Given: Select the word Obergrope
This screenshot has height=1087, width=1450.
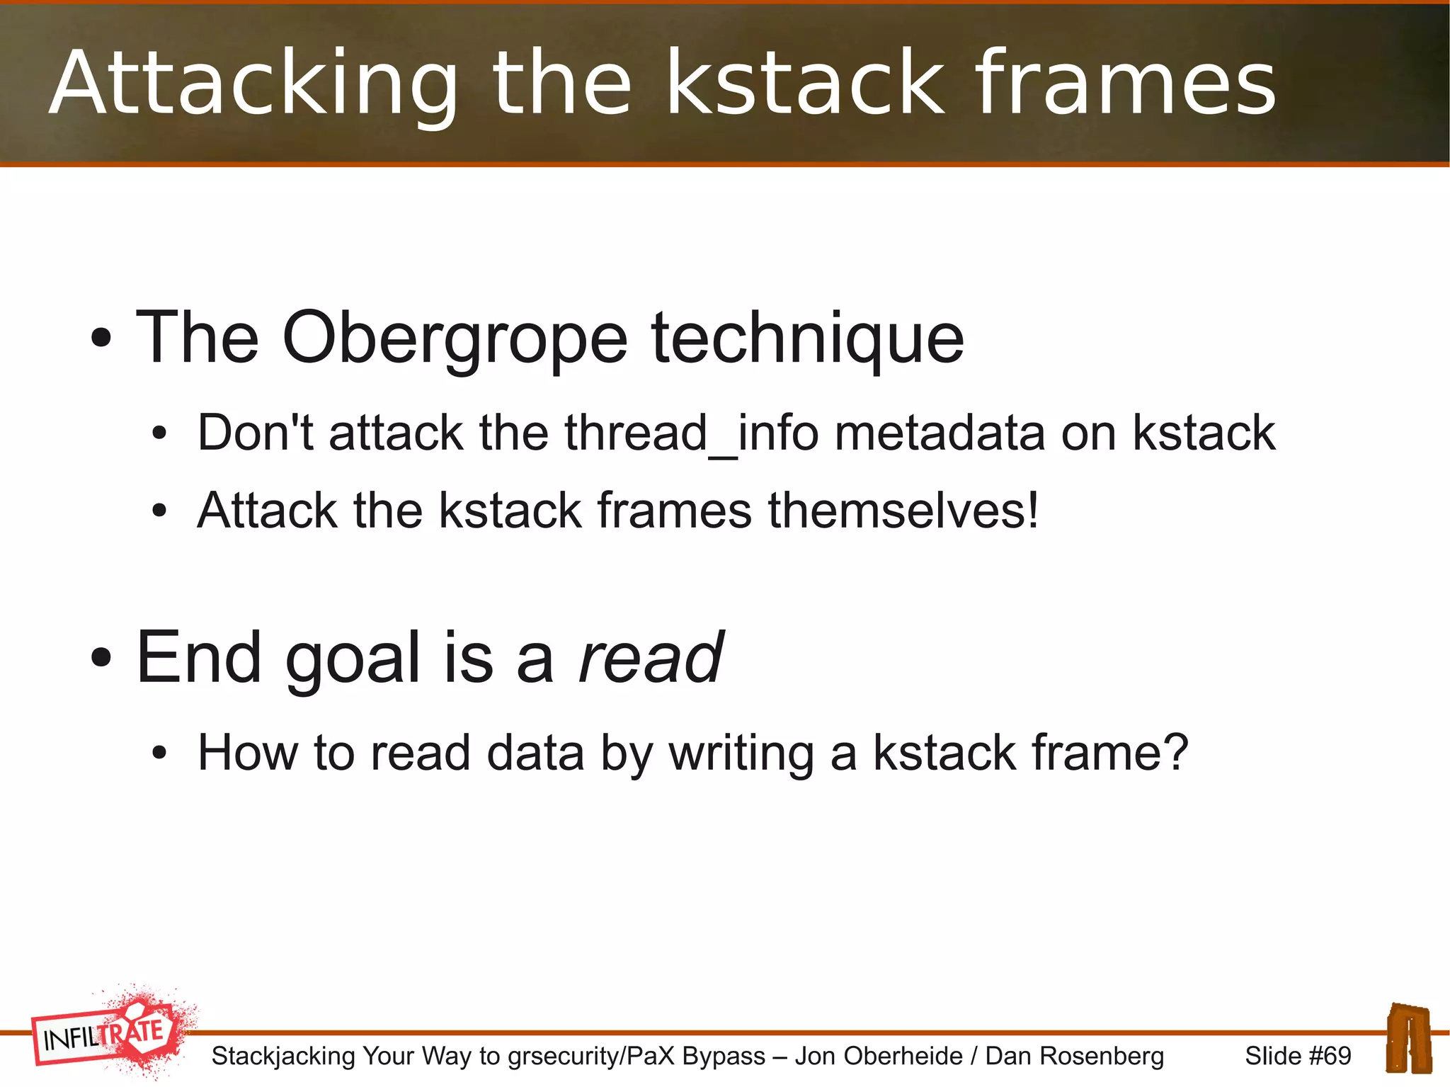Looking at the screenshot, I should [454, 339].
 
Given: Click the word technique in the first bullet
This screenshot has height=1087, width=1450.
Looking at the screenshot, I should [807, 339].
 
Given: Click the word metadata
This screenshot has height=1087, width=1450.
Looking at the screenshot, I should [939, 433].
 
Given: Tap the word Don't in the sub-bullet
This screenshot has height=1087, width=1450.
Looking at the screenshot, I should [255, 433].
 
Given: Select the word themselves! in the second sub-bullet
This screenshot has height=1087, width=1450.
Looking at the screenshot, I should [903, 511].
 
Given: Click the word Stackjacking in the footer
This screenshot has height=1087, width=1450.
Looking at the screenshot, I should [283, 1057].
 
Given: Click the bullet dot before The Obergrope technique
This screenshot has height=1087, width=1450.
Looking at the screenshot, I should [101, 338].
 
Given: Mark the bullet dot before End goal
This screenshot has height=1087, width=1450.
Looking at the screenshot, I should [101, 659].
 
